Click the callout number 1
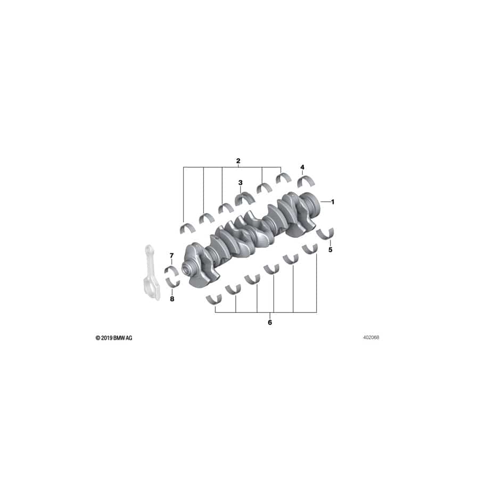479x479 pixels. click(x=333, y=202)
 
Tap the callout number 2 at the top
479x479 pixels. click(x=238, y=161)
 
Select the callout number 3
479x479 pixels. click(x=241, y=183)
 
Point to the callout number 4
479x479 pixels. click(x=302, y=167)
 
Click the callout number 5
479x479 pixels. click(x=330, y=250)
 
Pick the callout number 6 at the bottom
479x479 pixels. click(x=270, y=323)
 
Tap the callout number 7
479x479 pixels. click(x=172, y=255)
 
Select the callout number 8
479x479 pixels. click(x=172, y=299)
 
